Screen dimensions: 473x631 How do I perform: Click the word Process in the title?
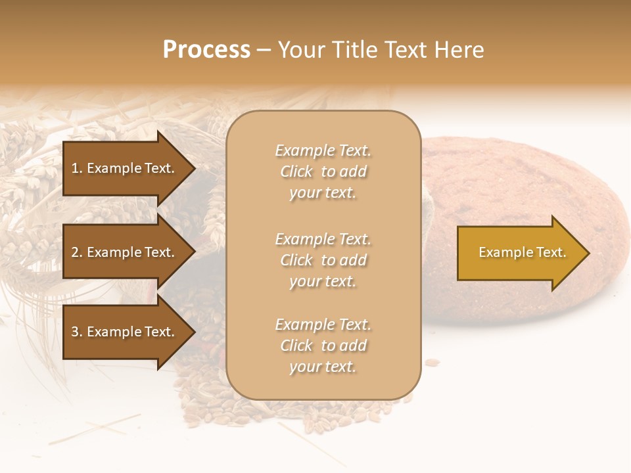pos(206,50)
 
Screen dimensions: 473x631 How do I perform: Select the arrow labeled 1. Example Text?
pos(125,168)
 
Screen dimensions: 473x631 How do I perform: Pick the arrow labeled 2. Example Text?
pos(125,252)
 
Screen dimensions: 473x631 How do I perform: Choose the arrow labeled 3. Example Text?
pos(125,332)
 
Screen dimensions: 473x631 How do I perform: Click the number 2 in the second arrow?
pos(75,252)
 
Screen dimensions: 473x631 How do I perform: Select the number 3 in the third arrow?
pos(75,332)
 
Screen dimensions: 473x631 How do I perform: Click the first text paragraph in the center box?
pos(323,171)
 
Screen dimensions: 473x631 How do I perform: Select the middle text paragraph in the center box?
pos(323,260)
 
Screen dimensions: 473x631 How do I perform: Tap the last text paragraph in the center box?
pos(323,346)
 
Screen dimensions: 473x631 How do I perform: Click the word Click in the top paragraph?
pos(296,171)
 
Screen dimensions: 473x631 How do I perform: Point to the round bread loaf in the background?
pos(526,184)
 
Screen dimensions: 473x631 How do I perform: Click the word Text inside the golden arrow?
pos(551,252)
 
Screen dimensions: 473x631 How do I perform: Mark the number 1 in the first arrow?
pos(74,168)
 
